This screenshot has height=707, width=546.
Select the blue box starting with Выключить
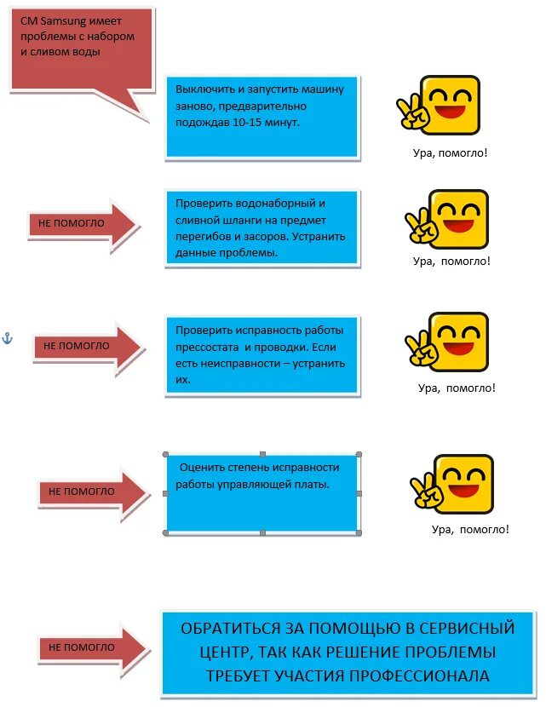262,116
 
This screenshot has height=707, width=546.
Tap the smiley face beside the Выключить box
440,105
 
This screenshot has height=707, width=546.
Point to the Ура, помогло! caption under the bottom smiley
470,530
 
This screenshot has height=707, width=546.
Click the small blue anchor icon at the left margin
8,339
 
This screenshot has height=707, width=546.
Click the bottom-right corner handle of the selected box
359,533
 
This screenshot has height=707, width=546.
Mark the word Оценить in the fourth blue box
201,467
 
